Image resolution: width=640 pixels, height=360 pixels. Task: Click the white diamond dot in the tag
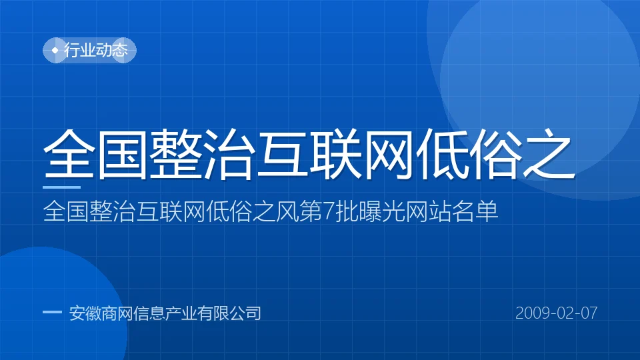click(x=55, y=51)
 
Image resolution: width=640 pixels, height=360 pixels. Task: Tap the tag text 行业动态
click(x=96, y=50)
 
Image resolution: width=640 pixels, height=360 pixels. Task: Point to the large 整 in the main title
click(x=175, y=154)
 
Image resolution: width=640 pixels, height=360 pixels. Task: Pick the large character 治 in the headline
click(x=229, y=154)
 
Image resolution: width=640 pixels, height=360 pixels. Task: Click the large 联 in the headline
click(x=335, y=154)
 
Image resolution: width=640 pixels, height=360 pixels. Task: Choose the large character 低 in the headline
click(x=442, y=154)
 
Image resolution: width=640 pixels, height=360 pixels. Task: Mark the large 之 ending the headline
click(x=549, y=154)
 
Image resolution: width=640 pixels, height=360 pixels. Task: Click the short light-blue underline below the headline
click(x=61, y=187)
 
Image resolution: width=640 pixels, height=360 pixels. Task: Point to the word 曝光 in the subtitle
click(x=370, y=211)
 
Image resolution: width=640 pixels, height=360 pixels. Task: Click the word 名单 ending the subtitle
click(x=475, y=211)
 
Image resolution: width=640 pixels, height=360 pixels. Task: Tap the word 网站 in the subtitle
click(x=428, y=211)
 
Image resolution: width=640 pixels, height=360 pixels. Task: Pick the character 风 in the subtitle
click(x=287, y=211)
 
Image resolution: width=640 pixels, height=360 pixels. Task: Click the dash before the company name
click(x=52, y=313)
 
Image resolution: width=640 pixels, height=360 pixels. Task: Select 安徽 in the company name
click(x=85, y=313)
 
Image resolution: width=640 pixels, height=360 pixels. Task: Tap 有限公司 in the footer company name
click(x=229, y=313)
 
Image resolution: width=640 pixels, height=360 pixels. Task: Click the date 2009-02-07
click(x=556, y=313)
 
